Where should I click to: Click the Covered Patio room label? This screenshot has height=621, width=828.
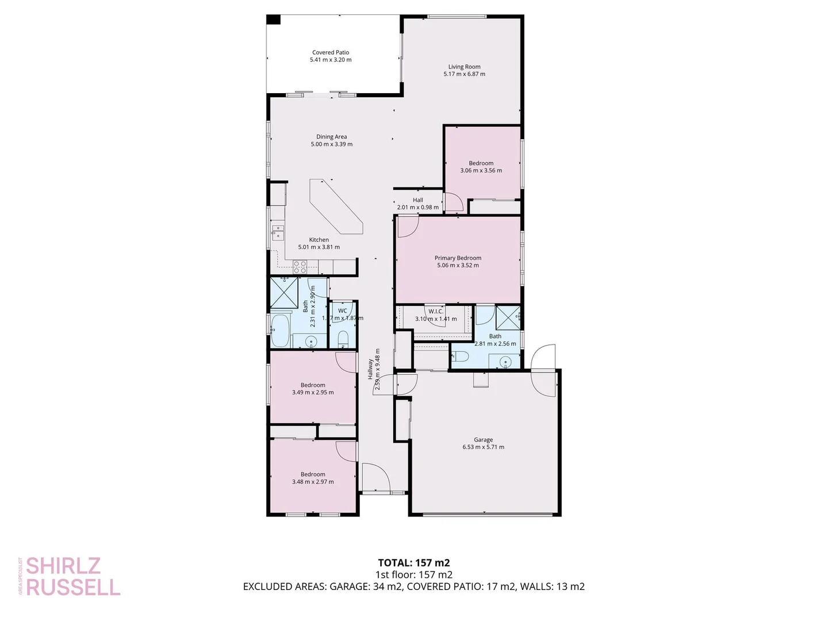331,56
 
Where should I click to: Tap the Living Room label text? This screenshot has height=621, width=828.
464,70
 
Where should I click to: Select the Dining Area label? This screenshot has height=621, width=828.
332,140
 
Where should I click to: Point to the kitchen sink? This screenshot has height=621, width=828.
278,232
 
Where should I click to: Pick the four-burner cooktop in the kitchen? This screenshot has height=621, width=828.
300,267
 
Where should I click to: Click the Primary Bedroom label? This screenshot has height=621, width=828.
458,262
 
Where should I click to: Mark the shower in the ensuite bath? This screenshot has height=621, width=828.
508,317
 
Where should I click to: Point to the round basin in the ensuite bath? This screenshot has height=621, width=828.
505,362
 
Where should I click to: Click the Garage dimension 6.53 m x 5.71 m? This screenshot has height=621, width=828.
483,447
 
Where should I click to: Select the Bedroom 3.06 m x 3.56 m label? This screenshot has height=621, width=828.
481,167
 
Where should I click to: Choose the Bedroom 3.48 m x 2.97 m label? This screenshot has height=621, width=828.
313,478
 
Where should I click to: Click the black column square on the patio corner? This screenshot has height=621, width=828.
273,20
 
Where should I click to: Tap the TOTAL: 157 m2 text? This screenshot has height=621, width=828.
413,563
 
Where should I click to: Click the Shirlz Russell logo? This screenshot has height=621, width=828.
71,576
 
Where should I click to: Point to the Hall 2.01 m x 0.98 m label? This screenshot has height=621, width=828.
418,204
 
